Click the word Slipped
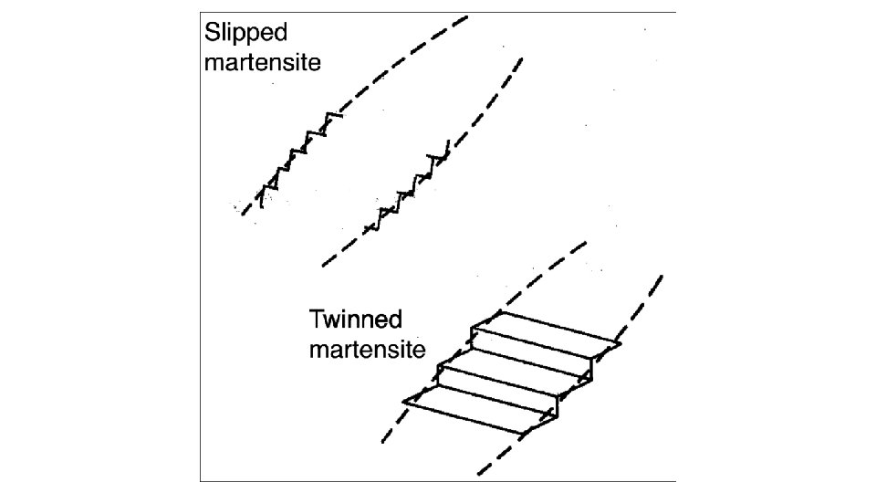(245, 35)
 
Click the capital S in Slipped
(212, 34)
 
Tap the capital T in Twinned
(316, 320)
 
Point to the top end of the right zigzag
(446, 148)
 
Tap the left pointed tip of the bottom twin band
(404, 400)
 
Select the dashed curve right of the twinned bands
(639, 310)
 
